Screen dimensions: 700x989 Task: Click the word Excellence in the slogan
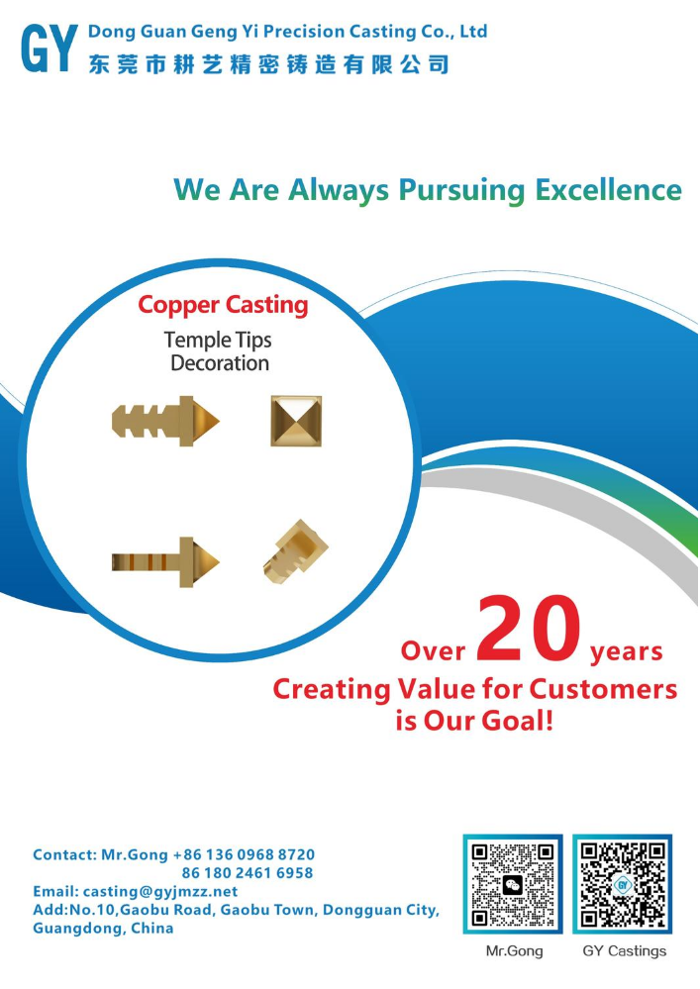pyautogui.click(x=609, y=190)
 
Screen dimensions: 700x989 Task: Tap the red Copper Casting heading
pyautogui.click(x=223, y=305)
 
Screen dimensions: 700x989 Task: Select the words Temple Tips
pyautogui.click(x=218, y=341)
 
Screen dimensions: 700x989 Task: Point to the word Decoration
pyautogui.click(x=220, y=363)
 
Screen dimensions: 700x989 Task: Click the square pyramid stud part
pyautogui.click(x=296, y=421)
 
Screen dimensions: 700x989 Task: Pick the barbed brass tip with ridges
pyautogui.click(x=165, y=421)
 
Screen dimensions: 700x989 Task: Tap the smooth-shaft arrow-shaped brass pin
pyautogui.click(x=165, y=562)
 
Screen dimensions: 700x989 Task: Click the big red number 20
pyautogui.click(x=529, y=629)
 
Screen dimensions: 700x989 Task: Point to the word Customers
pyautogui.click(x=603, y=689)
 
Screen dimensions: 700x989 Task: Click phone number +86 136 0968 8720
pyautogui.click(x=244, y=854)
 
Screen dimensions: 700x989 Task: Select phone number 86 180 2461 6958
pyautogui.click(x=248, y=873)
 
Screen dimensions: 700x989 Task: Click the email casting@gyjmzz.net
pyautogui.click(x=160, y=892)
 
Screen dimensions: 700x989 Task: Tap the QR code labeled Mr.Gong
pyautogui.click(x=513, y=884)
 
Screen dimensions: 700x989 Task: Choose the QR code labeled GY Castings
pyautogui.click(x=623, y=884)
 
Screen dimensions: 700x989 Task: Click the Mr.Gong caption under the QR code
pyautogui.click(x=514, y=951)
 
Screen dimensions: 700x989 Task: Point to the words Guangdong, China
pyautogui.click(x=103, y=929)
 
